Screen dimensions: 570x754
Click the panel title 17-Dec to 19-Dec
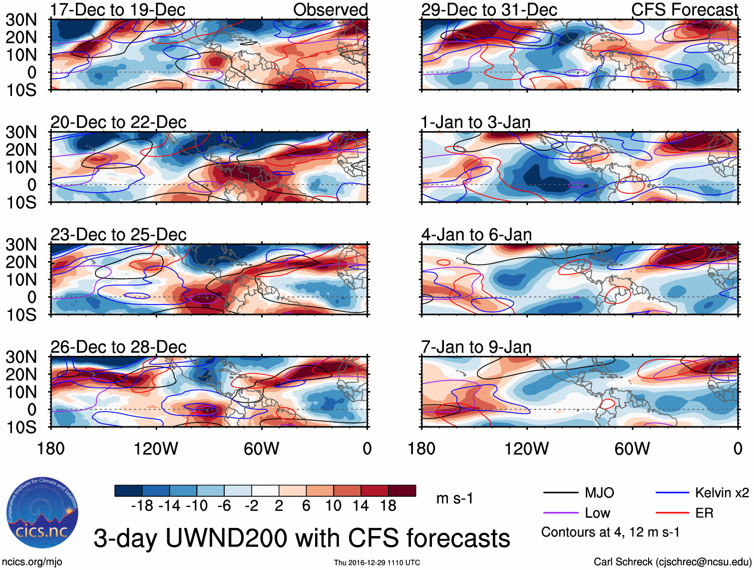click(x=118, y=10)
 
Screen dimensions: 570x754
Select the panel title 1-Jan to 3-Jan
click(x=475, y=122)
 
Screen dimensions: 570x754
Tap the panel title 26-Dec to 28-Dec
click(x=118, y=347)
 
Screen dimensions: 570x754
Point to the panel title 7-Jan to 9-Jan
click(x=476, y=347)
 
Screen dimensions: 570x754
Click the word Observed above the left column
click(x=330, y=10)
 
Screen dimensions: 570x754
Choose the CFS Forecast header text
click(x=684, y=10)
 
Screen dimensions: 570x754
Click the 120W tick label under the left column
click(x=156, y=449)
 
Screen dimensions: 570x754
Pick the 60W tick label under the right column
click(x=632, y=449)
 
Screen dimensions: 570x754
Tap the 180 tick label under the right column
click(x=421, y=449)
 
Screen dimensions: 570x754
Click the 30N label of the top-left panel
click(x=21, y=20)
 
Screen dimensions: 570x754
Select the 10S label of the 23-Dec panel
click(x=21, y=315)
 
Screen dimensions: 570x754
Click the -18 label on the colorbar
click(x=142, y=506)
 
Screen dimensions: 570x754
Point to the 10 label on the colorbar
click(x=333, y=506)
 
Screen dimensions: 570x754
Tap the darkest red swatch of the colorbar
click(x=402, y=491)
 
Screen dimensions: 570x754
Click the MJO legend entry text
click(x=599, y=493)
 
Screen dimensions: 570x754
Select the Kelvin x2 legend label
click(x=722, y=493)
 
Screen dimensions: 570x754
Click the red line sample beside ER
click(x=672, y=513)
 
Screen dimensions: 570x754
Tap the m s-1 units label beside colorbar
click(x=454, y=498)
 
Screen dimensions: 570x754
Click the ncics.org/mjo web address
click(x=31, y=562)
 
